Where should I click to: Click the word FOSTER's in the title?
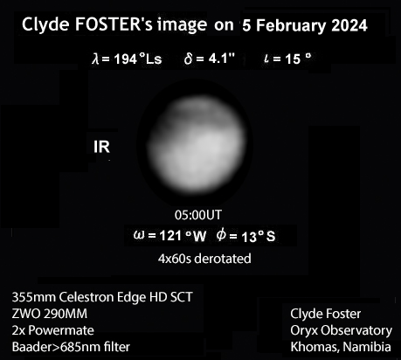coord(114,24)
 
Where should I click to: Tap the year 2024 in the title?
coord(349,25)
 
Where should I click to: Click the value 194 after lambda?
coord(126,59)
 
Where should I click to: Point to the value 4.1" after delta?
coord(222,59)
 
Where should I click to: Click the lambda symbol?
coord(95,59)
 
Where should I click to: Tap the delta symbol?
coord(188,59)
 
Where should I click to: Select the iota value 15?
coord(293,59)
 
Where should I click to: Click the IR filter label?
coord(101,147)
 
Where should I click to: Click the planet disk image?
coord(197,143)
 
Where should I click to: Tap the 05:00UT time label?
coord(198,215)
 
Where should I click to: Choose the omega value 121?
coord(170,236)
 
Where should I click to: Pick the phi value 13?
coord(249,237)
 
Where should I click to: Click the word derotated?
coord(223,259)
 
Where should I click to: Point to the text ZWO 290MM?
coord(50,314)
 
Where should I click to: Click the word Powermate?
coord(61,330)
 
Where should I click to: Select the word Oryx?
coord(304,331)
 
